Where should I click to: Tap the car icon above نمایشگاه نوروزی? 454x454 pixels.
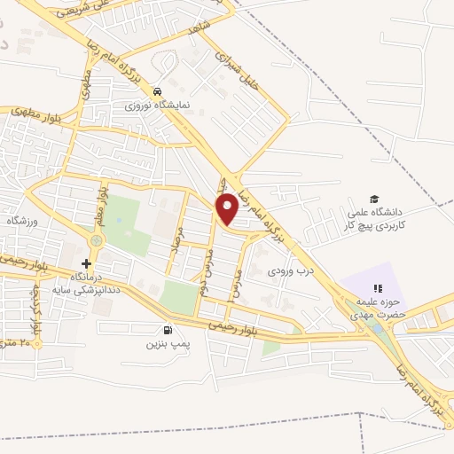click(x=157, y=91)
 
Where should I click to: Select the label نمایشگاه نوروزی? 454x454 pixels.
click(x=156, y=105)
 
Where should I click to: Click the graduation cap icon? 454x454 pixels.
click(x=375, y=200)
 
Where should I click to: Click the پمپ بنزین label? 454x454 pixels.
click(x=168, y=343)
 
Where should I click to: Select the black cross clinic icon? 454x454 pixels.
click(x=86, y=263)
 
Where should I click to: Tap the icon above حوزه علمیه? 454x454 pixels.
click(x=377, y=288)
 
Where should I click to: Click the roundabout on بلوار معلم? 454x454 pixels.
click(x=96, y=239)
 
